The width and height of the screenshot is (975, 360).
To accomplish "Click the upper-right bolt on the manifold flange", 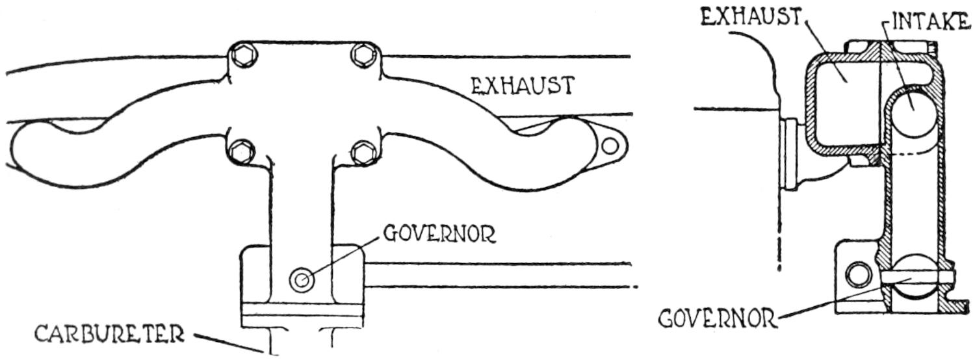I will click(x=361, y=56).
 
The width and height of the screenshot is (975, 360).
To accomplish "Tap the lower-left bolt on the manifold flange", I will click(x=242, y=151).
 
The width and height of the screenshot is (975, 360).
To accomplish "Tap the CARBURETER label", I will click(x=109, y=335).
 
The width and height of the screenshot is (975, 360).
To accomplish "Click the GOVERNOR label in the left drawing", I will click(x=439, y=233).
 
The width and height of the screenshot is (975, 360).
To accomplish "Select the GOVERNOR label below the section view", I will click(x=716, y=318).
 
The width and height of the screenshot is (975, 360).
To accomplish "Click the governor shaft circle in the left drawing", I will click(x=300, y=281).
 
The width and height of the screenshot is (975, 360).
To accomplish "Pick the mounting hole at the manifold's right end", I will click(x=609, y=146).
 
